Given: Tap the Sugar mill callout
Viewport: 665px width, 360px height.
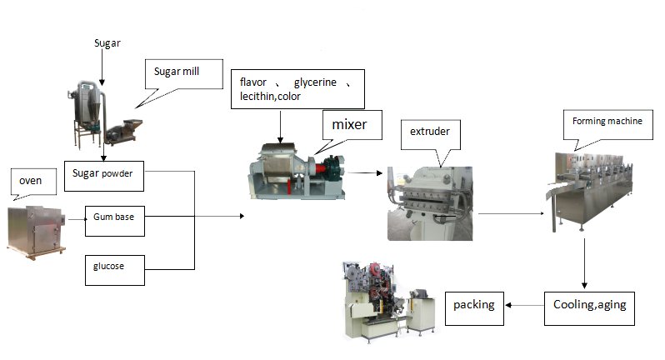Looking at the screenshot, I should coord(176,72).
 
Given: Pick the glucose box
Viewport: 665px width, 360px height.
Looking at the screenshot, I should coord(114,267).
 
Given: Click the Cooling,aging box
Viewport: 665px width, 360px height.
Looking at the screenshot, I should coord(589,305).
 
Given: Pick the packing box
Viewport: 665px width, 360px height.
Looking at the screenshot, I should coord(474,305).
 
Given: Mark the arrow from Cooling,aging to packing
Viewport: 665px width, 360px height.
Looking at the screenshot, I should coord(525,305).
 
